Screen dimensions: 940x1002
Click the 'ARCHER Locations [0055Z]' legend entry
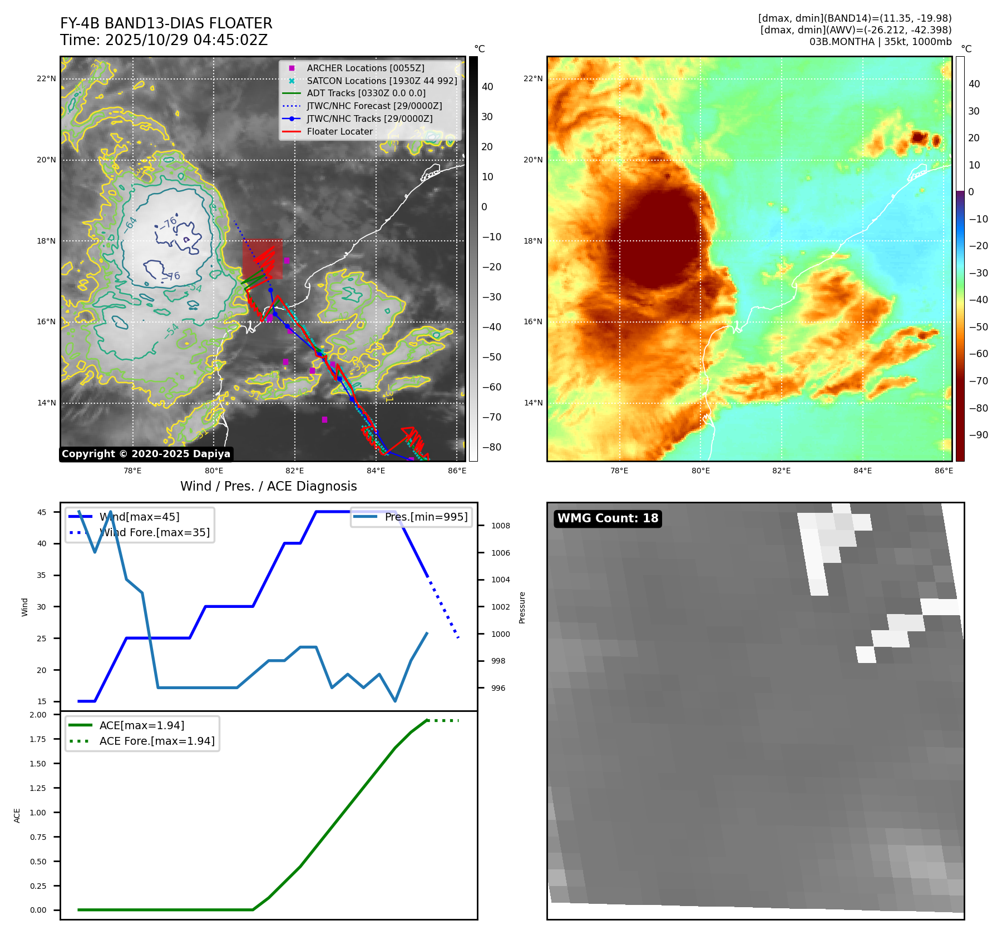[365, 68]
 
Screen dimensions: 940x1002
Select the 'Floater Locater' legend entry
[339, 131]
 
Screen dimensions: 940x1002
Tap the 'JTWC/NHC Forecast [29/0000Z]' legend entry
[374, 106]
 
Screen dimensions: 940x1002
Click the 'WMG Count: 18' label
[608, 518]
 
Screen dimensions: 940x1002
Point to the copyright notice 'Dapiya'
[146, 454]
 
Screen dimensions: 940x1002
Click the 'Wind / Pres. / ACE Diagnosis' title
[269, 486]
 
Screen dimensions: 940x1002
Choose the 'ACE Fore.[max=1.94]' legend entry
[156, 741]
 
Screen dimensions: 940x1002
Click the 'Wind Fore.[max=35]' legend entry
[154, 532]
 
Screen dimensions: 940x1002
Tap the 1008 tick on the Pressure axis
[501, 526]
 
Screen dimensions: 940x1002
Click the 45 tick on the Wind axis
[42, 512]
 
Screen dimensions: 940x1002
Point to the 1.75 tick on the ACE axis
[38, 739]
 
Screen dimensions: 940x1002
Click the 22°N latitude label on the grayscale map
[46, 79]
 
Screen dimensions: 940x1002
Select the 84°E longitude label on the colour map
[863, 471]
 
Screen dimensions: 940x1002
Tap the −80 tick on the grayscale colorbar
[491, 447]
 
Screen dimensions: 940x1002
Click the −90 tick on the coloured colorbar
[978, 435]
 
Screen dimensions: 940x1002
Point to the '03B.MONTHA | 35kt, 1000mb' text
[880, 42]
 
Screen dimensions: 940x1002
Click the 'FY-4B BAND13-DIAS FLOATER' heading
[166, 23]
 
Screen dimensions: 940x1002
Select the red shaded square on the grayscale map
[262, 259]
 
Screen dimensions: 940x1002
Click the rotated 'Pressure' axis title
[522, 607]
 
